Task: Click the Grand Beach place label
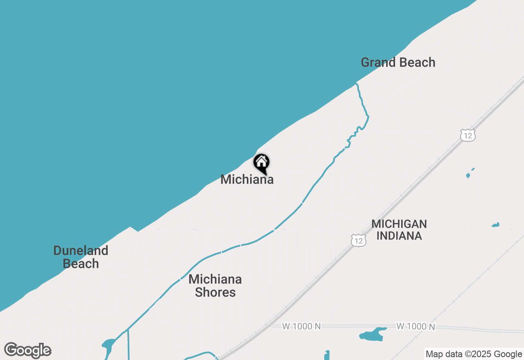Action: [398, 63]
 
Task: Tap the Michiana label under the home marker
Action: [247, 180]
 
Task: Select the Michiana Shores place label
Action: [215, 286]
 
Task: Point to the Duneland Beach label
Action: [81, 257]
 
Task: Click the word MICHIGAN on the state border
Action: [399, 224]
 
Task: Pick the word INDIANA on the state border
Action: [399, 236]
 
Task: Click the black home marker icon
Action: [261, 163]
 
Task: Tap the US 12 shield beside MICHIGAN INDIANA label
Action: [359, 240]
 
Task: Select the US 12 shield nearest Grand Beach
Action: [468, 135]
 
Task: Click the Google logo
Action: [28, 350]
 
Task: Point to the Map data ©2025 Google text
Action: [474, 354]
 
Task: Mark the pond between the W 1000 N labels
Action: [373, 334]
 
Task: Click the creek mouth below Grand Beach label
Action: [357, 84]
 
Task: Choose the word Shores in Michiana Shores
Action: [215, 292]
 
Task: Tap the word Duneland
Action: [81, 250]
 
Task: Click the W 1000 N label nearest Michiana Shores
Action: [301, 326]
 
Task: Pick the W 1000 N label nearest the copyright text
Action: [416, 326]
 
